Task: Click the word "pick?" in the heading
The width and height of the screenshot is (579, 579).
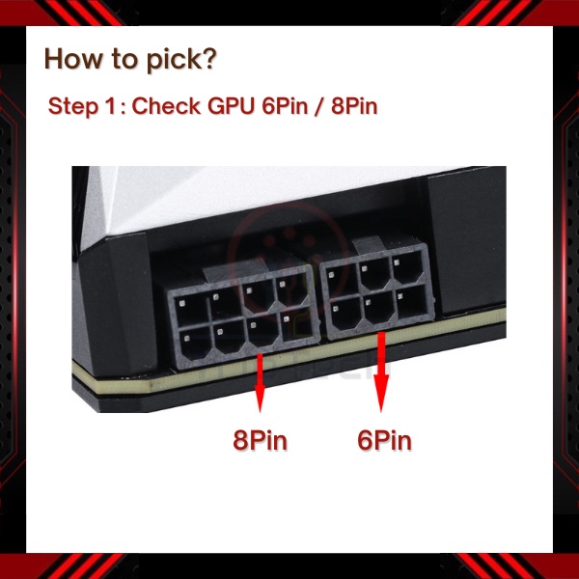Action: tap(181, 60)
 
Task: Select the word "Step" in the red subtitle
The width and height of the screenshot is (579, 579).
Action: tap(72, 107)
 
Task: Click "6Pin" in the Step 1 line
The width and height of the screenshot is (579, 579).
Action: tap(285, 106)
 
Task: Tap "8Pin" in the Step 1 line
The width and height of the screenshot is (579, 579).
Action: tap(354, 106)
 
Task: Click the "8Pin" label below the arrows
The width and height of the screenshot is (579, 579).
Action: tap(260, 440)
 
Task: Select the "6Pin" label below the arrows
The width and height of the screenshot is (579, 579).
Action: tap(384, 440)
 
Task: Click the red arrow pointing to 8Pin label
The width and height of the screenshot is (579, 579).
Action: tap(261, 382)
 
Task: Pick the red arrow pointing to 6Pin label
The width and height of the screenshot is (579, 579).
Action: tap(381, 372)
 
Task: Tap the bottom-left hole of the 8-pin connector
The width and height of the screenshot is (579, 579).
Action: tap(196, 346)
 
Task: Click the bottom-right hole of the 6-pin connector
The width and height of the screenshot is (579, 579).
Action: tap(413, 302)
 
